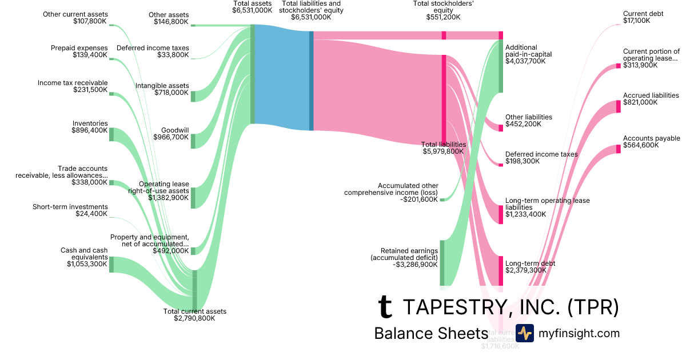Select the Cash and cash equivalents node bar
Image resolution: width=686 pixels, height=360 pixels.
coord(111,265)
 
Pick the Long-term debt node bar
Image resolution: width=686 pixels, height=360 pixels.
coord(501,270)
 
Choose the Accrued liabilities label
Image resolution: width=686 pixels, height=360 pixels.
coord(651,95)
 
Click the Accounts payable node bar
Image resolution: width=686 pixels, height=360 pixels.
coord(618,149)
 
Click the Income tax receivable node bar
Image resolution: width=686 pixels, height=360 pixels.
coord(111,94)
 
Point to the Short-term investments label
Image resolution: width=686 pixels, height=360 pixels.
coord(70,207)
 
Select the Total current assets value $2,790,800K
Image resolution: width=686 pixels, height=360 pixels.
coord(194,318)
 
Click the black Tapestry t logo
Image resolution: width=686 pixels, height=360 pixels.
coord(386,307)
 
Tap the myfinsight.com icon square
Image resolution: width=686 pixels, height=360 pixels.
coord(524,333)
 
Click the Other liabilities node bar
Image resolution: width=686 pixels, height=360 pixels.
coord(501,126)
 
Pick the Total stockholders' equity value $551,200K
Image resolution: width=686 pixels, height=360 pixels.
coord(443,18)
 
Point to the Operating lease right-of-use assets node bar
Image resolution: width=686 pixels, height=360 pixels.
coord(193,197)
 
